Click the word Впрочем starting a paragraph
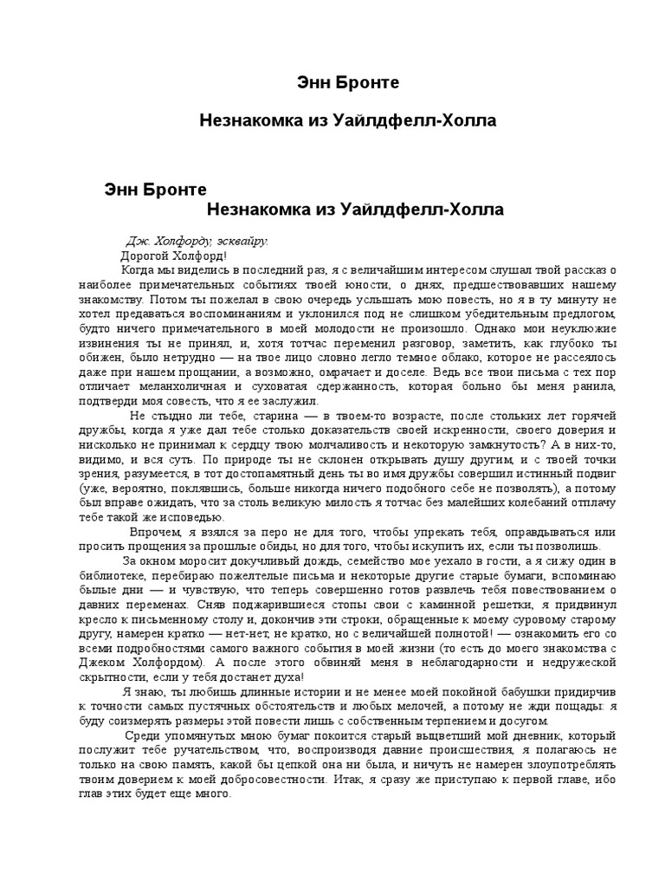click(x=156, y=532)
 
